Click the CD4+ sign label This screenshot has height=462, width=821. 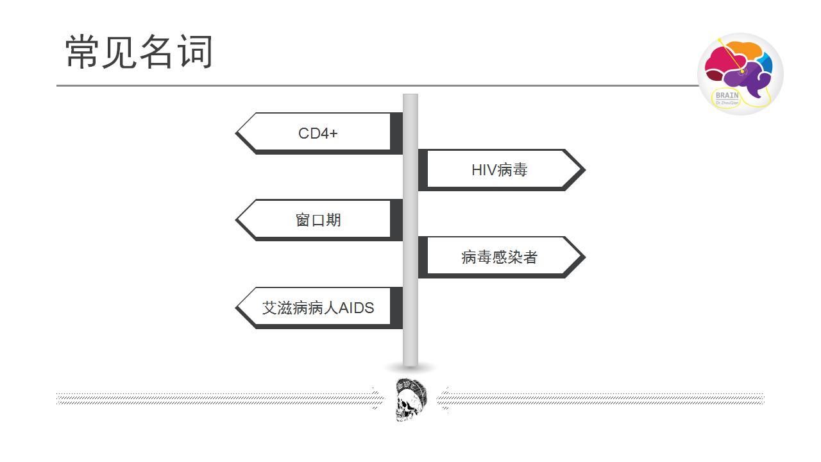click(317, 133)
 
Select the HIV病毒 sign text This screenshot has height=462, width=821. click(499, 170)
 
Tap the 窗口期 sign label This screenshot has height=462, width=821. click(317, 220)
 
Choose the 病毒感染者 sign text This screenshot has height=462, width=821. click(499, 257)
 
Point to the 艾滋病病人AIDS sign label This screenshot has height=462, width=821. click(317, 308)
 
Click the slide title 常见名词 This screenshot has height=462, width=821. click(139, 52)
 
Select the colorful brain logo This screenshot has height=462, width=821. click(740, 73)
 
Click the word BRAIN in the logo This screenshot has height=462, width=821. click(727, 96)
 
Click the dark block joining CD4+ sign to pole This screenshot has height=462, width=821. click(396, 132)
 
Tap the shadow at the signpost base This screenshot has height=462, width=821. click(410, 368)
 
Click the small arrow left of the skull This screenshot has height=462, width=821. click(376, 398)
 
